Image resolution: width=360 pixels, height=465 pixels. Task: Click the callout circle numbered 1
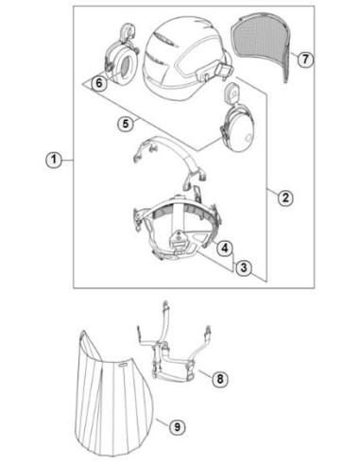click(x=54, y=160)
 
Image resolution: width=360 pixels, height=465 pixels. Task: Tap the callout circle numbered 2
click(x=285, y=198)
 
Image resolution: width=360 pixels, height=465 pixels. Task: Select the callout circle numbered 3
click(x=244, y=267)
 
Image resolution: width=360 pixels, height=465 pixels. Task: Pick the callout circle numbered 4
click(x=224, y=249)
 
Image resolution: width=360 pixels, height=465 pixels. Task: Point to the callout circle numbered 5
click(x=126, y=124)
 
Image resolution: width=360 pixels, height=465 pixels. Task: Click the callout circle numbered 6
click(x=99, y=83)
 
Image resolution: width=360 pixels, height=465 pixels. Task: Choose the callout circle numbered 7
click(x=305, y=59)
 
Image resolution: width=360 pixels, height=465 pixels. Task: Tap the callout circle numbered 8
click(x=219, y=378)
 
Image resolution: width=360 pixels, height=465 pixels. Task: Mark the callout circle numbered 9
click(x=177, y=427)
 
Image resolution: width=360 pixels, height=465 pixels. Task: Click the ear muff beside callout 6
click(x=120, y=57)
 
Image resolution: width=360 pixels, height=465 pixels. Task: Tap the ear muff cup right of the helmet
click(x=237, y=123)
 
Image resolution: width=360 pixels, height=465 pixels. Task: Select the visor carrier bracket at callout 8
click(x=173, y=353)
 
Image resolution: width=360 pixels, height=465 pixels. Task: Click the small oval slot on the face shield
click(x=123, y=364)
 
